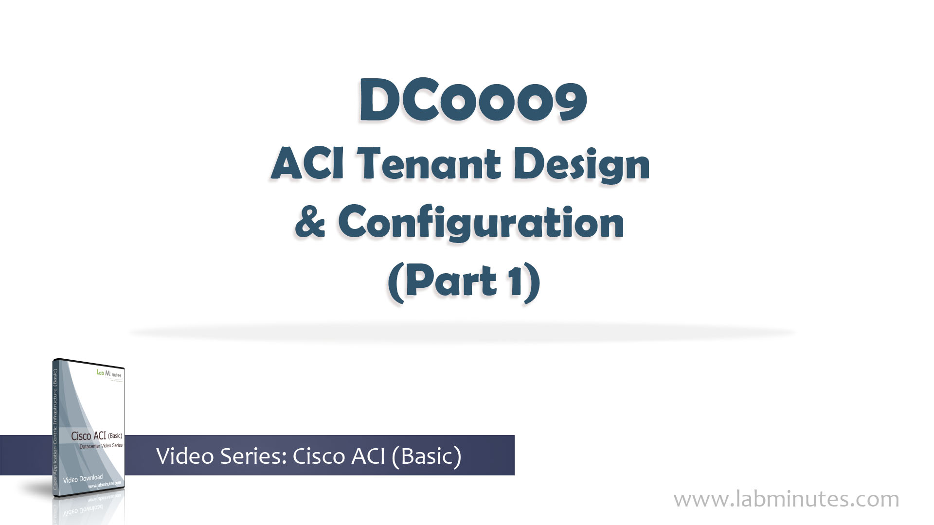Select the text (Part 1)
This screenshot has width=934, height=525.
pos(464,282)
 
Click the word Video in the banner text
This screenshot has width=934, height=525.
pos(185,456)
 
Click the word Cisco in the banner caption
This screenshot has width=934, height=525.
pos(319,456)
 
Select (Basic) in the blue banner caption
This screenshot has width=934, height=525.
pos(425,456)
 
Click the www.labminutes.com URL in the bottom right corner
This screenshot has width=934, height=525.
pos(786,499)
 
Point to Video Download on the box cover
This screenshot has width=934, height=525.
pos(83,479)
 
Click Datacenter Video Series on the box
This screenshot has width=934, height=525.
pos(101,446)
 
